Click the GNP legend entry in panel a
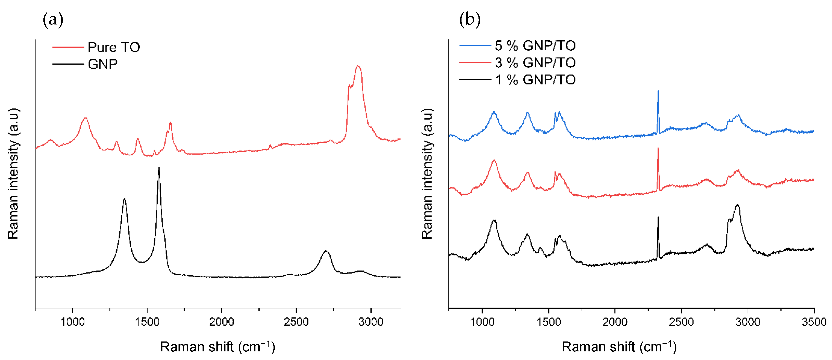click(x=102, y=64)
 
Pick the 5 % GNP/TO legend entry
click(x=535, y=46)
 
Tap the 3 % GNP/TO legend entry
click(x=535, y=63)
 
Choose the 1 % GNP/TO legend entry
click(x=535, y=80)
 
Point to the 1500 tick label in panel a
click(x=147, y=322)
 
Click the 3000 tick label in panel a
click(x=371, y=322)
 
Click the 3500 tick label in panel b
click(x=814, y=322)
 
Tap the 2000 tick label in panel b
click(x=615, y=322)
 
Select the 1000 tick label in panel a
click(x=73, y=322)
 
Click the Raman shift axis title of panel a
click(x=217, y=347)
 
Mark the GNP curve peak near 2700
click(x=326, y=251)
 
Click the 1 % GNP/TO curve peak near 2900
click(x=737, y=205)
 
